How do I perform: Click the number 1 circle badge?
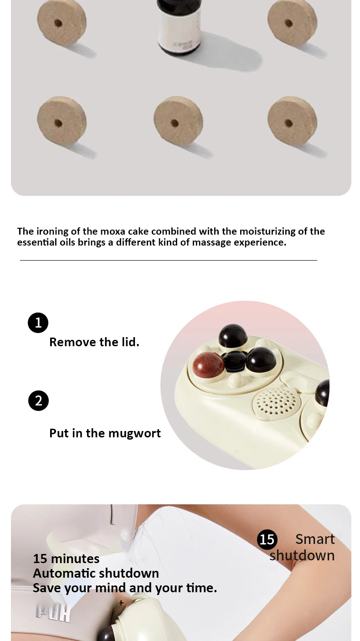(x=38, y=323)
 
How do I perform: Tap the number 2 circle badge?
(x=38, y=400)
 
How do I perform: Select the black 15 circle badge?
(x=267, y=539)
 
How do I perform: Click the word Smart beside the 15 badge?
(x=315, y=539)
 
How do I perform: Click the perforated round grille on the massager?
(x=276, y=401)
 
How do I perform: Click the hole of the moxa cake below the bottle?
(x=175, y=123)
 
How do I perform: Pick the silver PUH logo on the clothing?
(x=53, y=613)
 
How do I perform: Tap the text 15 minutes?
(x=66, y=559)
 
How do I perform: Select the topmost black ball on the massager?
(x=233, y=336)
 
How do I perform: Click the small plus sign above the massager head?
(x=121, y=603)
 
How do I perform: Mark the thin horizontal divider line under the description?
(x=169, y=260)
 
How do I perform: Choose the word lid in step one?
(x=129, y=342)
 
